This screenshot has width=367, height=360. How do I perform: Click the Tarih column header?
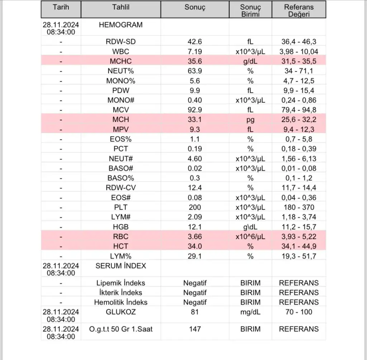coord(61,7)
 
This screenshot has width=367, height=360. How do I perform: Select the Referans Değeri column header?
coord(299,10)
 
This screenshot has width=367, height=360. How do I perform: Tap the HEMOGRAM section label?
coord(120,25)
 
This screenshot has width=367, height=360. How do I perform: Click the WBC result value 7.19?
coord(195,52)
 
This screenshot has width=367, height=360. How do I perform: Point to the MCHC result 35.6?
coord(195,61)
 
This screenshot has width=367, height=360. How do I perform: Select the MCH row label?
coord(120,120)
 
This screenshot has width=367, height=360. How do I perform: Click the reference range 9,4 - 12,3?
coord(299,129)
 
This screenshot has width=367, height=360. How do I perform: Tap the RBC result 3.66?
coord(195,236)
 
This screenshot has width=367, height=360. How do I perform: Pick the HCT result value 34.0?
coord(195,246)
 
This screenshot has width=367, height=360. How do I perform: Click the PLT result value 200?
coord(195,207)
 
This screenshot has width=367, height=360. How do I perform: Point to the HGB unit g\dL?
coord(250,227)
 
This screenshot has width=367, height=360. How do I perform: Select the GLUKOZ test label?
coord(120,312)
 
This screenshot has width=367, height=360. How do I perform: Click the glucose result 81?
coord(195,312)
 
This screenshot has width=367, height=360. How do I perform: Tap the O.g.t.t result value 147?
coord(195,329)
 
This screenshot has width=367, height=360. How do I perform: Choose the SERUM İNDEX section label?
coord(120,266)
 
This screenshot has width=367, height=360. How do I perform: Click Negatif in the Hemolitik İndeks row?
coord(195,302)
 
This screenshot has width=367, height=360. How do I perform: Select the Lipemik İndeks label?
coord(120,283)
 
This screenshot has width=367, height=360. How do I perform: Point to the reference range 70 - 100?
coord(299,312)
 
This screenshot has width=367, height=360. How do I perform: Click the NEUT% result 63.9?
coord(195,71)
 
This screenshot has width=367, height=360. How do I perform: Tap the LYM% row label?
coord(120,256)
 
